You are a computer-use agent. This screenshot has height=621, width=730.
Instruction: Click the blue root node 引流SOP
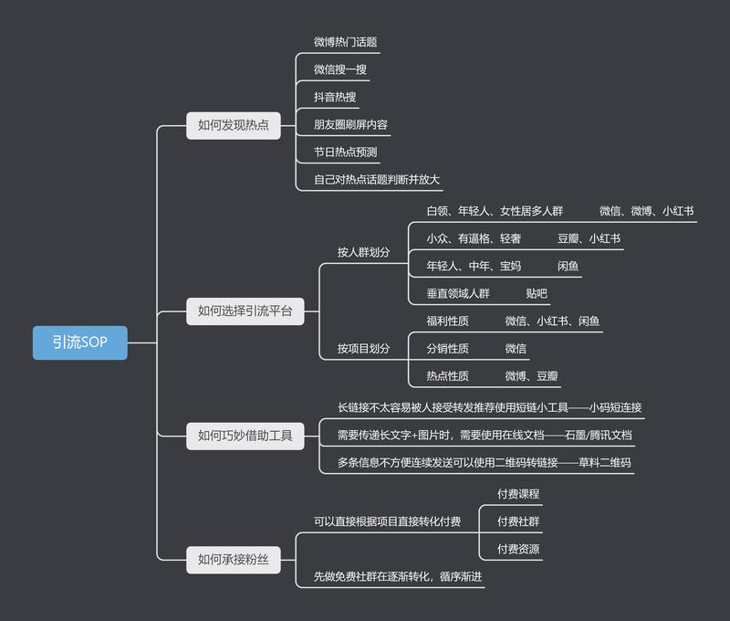[x=79, y=342]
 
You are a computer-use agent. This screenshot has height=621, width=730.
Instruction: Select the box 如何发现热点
[x=233, y=125]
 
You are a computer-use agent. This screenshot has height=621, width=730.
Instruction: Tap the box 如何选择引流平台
[x=245, y=311]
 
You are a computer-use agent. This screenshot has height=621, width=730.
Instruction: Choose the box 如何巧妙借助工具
[x=245, y=436]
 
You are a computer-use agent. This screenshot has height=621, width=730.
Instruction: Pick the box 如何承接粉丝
[x=233, y=560]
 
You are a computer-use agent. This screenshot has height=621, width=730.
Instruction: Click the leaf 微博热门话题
[x=345, y=42]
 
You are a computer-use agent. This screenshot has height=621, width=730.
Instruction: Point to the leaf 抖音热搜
[x=336, y=97]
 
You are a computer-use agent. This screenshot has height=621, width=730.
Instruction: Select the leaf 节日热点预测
[x=345, y=152]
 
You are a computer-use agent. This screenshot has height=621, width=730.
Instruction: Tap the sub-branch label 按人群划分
[x=363, y=252]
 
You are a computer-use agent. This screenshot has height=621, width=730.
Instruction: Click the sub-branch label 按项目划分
[x=363, y=348]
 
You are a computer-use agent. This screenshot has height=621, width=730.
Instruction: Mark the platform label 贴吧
[x=537, y=293]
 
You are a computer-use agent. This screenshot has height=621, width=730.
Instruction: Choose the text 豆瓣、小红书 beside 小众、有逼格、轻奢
[x=589, y=238]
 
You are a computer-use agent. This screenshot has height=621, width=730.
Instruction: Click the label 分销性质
[x=447, y=348]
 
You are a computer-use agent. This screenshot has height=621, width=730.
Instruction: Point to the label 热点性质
[x=447, y=375]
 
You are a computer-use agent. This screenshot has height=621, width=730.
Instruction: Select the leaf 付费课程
[x=518, y=494]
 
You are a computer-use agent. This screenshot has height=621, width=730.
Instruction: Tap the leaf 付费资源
[x=518, y=549]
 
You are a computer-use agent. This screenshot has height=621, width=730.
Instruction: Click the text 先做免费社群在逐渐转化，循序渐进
[x=398, y=576]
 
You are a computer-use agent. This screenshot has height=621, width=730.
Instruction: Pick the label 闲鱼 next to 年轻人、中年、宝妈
[x=568, y=266]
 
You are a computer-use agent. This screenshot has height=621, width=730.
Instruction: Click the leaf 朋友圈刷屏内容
[x=351, y=124]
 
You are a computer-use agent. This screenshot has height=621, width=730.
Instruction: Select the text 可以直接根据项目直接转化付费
[x=387, y=521]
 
